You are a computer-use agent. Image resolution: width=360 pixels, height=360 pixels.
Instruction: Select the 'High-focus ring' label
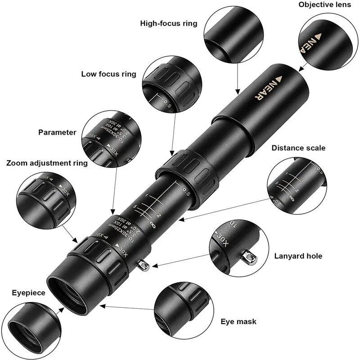click(169, 23)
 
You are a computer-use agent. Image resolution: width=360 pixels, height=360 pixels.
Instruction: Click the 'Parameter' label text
click(57, 132)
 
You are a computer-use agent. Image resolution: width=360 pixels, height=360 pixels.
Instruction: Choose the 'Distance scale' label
click(298, 148)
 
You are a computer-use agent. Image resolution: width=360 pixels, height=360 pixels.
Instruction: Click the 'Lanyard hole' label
click(298, 256)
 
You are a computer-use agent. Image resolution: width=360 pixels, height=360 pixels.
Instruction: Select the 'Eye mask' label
click(238, 321)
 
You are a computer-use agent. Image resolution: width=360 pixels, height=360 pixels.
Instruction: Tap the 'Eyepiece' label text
click(28, 292)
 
